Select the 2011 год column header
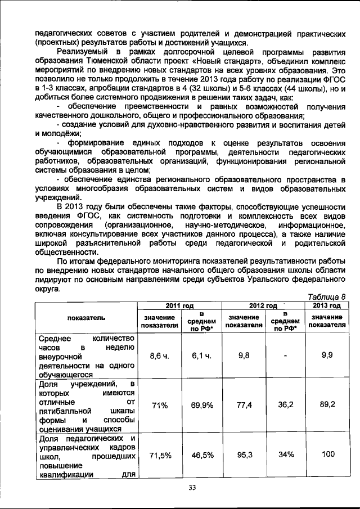coord(179,305)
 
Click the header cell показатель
coord(86,318)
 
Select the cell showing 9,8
coord(244,355)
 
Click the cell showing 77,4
coord(244,404)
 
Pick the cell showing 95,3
coord(244,456)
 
